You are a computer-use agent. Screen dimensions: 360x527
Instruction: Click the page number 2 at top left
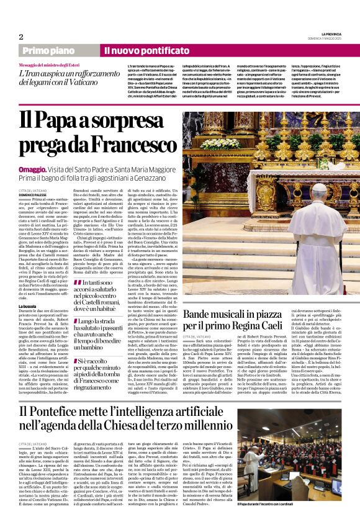click(x=20, y=37)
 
